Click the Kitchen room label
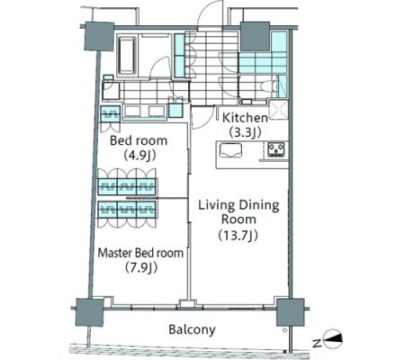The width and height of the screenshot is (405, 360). pyautogui.click(x=245, y=118)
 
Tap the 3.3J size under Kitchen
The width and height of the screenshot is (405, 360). pyautogui.click(x=245, y=132)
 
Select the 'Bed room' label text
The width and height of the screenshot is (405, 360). pyautogui.click(x=139, y=140)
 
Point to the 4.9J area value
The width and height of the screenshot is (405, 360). pyautogui.click(x=140, y=155)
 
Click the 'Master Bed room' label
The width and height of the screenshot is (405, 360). pyautogui.click(x=140, y=253)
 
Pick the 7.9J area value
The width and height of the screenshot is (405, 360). pyautogui.click(x=141, y=267)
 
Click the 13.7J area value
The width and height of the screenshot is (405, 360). pyautogui.click(x=238, y=236)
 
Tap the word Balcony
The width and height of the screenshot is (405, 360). pyautogui.click(x=192, y=329)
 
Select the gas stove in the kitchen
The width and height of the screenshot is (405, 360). pyautogui.click(x=276, y=149)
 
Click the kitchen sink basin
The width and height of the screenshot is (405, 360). pyautogui.click(x=230, y=150)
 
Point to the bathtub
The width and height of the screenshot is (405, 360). pyautogui.click(x=126, y=56)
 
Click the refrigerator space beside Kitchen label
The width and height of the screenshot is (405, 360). pyautogui.click(x=278, y=110)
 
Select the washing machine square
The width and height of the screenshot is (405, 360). pyautogui.click(x=175, y=110)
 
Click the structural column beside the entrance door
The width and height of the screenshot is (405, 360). pyautogui.click(x=255, y=36)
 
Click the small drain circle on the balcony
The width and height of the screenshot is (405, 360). pyautogui.click(x=284, y=330)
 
